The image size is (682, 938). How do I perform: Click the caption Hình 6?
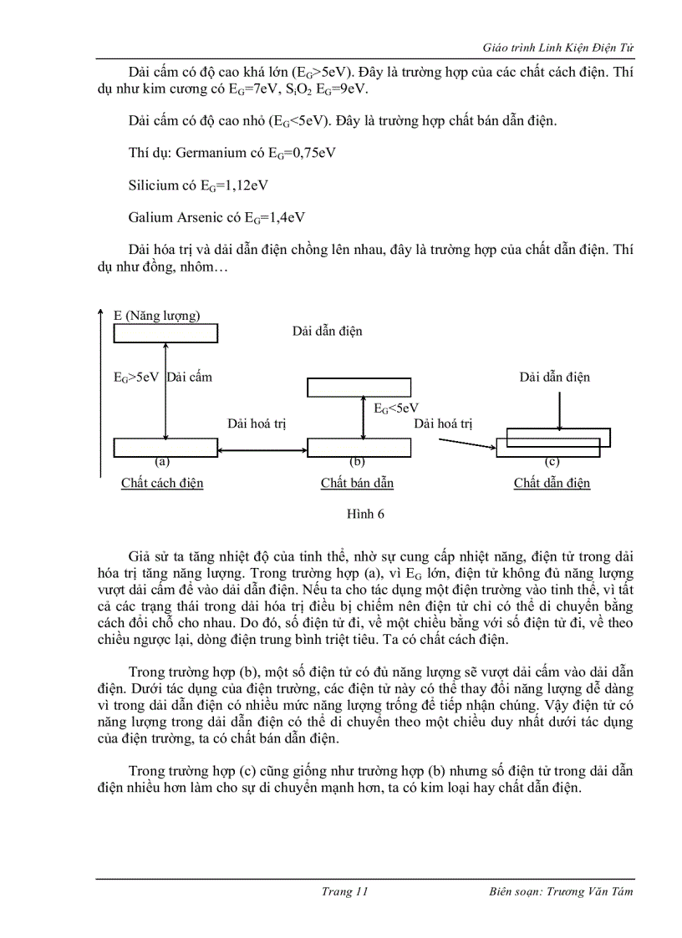click(x=365, y=514)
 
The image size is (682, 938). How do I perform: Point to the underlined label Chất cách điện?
click(x=162, y=483)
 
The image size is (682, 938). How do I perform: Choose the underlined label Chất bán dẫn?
click(x=357, y=483)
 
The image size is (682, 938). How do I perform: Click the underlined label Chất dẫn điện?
click(x=552, y=483)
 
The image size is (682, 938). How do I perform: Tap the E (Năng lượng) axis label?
click(x=156, y=315)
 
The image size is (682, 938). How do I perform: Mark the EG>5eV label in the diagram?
click(x=135, y=377)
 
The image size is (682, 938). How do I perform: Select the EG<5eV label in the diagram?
click(x=395, y=408)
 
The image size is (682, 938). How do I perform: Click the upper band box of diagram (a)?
click(x=165, y=333)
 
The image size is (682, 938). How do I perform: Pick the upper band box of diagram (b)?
click(x=359, y=388)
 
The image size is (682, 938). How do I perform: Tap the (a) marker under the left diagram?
click(x=162, y=461)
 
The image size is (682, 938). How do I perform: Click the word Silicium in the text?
click(x=153, y=185)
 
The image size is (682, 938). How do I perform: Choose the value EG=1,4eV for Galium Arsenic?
click(x=274, y=217)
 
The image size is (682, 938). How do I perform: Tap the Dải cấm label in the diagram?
click(x=189, y=377)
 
